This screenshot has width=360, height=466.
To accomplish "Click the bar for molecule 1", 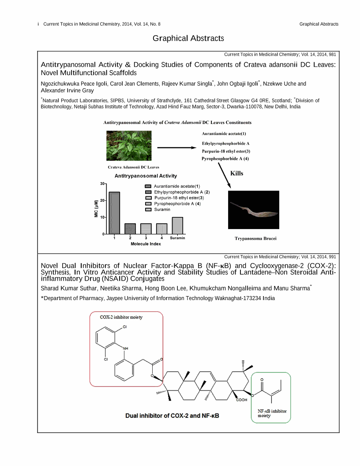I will (x=114, y=213).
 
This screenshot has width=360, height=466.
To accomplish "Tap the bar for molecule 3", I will (x=146, y=229).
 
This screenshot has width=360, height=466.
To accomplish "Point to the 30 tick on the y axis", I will (x=102, y=184).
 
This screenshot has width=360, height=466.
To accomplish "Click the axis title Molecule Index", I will (x=146, y=244).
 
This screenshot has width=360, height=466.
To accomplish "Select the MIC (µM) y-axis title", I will (x=96, y=208).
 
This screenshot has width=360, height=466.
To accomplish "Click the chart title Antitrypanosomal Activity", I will (x=146, y=176).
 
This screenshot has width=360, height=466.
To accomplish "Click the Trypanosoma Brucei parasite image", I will (x=253, y=210).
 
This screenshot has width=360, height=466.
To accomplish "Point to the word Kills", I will (x=236, y=173).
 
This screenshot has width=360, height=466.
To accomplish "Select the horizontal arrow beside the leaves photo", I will (x=176, y=148).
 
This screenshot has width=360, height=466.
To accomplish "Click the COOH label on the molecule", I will (x=242, y=400).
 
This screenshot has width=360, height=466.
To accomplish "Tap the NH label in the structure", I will (x=126, y=349).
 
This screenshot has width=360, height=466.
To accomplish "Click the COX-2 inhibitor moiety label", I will (x=121, y=317).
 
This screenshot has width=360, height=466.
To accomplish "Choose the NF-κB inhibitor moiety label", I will (x=271, y=413).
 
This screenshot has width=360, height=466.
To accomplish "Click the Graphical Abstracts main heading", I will (x=188, y=38).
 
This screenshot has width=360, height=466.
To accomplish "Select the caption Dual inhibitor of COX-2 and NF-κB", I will (x=172, y=416).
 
